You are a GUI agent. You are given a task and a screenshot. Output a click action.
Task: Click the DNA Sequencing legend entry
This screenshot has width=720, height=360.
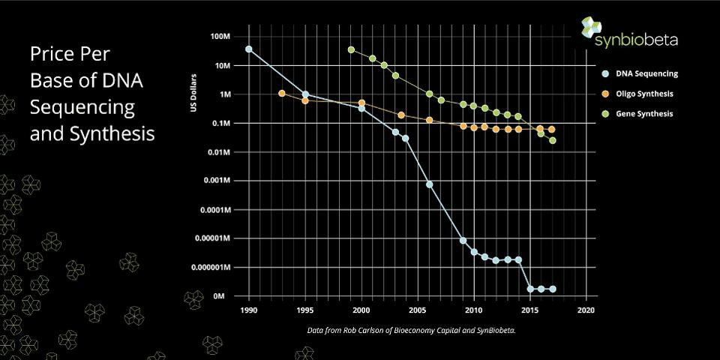pyautogui.click(x=646, y=74)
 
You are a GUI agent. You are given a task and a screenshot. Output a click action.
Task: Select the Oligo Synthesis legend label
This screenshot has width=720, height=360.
pyautogui.click(x=643, y=94)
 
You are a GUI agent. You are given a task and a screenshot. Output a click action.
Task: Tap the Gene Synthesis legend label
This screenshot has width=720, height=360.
pyautogui.click(x=643, y=114)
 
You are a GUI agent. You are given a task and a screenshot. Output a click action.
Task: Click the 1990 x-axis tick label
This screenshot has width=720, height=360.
pyautogui.click(x=249, y=310)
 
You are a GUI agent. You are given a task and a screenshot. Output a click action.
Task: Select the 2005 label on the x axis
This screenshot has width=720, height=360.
pyautogui.click(x=418, y=310)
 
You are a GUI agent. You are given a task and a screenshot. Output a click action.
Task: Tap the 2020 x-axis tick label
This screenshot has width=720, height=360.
pyautogui.click(x=586, y=310)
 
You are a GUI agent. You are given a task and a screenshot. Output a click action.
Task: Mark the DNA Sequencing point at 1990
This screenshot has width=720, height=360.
pyautogui.click(x=249, y=49)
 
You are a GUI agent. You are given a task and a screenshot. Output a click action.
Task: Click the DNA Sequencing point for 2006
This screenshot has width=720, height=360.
pyautogui.click(x=430, y=184)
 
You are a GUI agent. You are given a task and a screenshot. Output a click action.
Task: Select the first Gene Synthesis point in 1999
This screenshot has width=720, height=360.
pyautogui.click(x=351, y=49)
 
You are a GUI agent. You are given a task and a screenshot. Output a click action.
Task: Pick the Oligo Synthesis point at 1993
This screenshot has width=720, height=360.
pyautogui.click(x=282, y=94)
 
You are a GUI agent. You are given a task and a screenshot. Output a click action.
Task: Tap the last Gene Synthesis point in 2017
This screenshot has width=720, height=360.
pyautogui.click(x=553, y=140)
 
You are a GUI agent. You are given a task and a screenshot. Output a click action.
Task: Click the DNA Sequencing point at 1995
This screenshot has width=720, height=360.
pyautogui.click(x=305, y=94)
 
